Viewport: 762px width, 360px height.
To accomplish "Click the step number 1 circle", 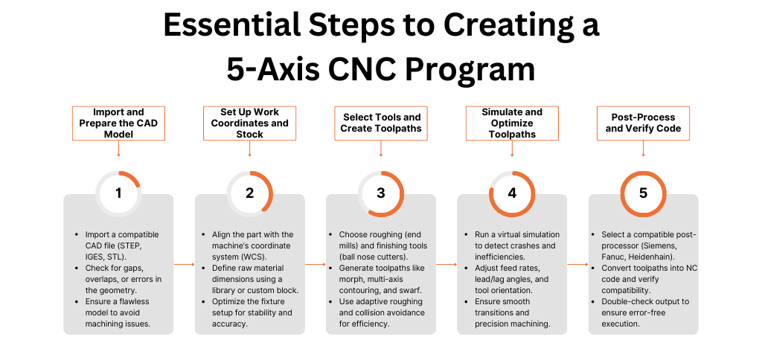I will (x=118, y=193).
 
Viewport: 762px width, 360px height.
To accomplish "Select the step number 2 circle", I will (x=249, y=193).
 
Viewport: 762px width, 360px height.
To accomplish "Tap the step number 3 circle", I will (x=381, y=193).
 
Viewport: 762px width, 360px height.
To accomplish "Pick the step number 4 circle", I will (x=512, y=193).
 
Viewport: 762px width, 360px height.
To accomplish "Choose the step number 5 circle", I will (x=643, y=193).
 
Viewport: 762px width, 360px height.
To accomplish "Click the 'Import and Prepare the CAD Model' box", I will (x=118, y=123).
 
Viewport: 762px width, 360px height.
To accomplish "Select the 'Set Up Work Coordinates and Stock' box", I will (x=249, y=123).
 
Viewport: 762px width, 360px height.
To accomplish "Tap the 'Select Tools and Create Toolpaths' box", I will (x=381, y=123).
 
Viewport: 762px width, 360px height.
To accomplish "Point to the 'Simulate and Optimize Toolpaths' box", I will (x=512, y=123).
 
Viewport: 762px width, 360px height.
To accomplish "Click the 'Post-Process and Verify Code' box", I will (x=643, y=123).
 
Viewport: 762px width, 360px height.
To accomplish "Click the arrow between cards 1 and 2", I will (x=184, y=264).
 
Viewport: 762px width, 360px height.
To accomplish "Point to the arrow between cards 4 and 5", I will (x=577, y=264).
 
